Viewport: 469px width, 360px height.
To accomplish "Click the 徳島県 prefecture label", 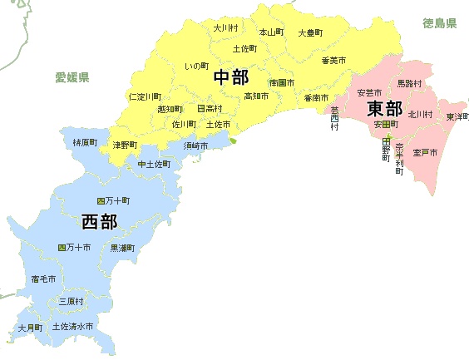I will point(439,23).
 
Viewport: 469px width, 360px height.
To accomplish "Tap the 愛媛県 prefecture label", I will point(72,77).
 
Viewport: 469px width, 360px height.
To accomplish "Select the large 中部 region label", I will point(231,78).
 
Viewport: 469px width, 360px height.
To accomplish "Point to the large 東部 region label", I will point(385,108).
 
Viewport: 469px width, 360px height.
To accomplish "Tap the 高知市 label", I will point(255,96).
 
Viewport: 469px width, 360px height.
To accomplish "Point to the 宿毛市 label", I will point(43,279).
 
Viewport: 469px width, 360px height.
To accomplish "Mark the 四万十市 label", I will point(73,248).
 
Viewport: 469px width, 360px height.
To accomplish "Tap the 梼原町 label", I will point(85,143).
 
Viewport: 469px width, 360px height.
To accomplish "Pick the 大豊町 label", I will point(310,33).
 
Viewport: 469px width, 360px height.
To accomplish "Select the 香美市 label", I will point(333,60).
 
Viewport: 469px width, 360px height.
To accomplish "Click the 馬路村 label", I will point(409,83).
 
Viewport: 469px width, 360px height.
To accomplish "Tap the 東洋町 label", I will point(457,116).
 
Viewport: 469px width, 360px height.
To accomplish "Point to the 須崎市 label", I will point(197,145).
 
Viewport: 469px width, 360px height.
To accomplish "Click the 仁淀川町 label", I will point(146,96).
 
